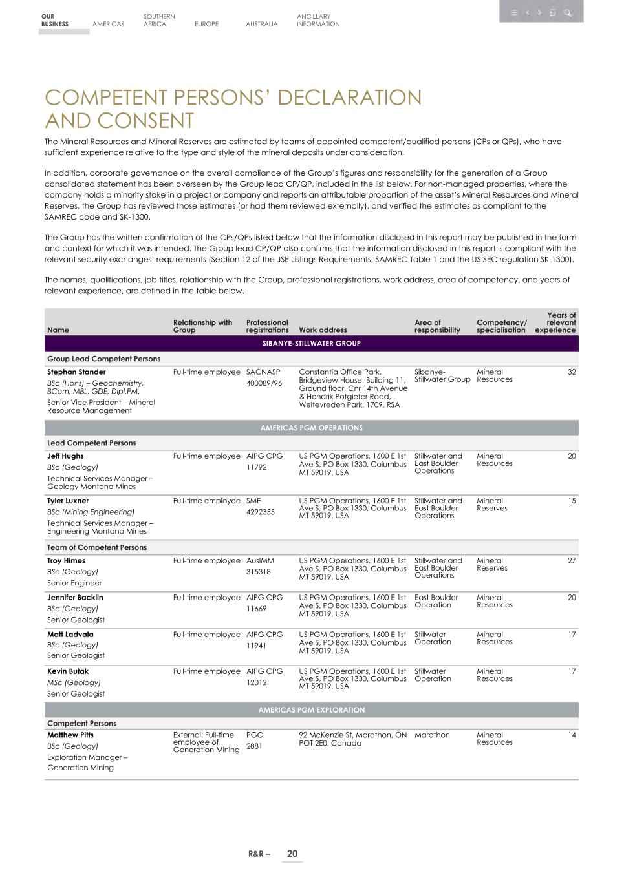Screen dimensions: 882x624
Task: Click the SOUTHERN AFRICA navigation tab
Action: tap(159, 20)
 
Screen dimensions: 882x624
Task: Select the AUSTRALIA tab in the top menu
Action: tap(261, 24)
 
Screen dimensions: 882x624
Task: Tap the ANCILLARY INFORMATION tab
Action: tap(318, 20)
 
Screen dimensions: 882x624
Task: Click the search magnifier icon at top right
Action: tap(567, 12)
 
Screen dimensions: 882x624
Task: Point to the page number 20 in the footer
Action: tap(292, 854)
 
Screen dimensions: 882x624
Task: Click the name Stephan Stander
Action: tap(76, 372)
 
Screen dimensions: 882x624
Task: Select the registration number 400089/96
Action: tap(264, 383)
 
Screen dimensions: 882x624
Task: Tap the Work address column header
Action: tap(323, 330)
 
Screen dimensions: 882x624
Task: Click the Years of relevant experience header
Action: tap(555, 322)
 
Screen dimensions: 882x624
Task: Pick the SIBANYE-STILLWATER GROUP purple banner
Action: tap(311, 343)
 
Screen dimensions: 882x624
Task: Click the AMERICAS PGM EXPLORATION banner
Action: tap(311, 709)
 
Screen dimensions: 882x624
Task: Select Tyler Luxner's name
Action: tap(68, 501)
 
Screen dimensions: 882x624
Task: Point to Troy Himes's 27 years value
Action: tap(571, 561)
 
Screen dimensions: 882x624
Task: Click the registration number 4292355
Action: tap(261, 512)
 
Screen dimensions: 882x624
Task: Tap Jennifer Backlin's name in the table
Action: tap(75, 598)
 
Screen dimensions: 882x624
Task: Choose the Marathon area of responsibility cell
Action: tap(432, 735)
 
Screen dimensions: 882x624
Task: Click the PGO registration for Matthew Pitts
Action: tap(255, 735)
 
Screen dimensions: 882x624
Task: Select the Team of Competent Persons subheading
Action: tap(97, 547)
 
